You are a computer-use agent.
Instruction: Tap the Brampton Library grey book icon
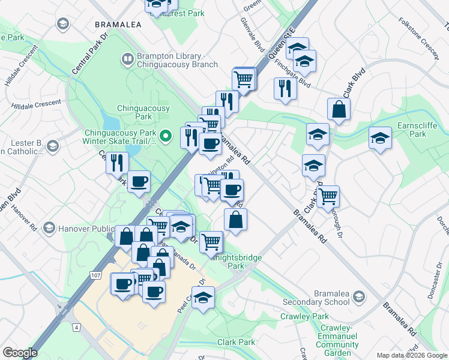click(x=128, y=59)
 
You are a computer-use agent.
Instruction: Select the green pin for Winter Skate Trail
click(x=169, y=133)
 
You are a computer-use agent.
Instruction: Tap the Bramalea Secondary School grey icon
click(x=358, y=296)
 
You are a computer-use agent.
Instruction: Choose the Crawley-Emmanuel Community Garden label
click(x=337, y=341)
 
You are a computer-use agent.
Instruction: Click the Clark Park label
click(x=237, y=342)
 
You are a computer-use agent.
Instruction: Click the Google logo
click(x=20, y=352)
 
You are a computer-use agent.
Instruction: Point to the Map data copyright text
click(x=412, y=355)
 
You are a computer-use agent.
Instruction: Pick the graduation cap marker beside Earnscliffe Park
click(x=380, y=139)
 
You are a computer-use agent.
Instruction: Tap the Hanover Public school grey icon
click(x=49, y=229)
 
